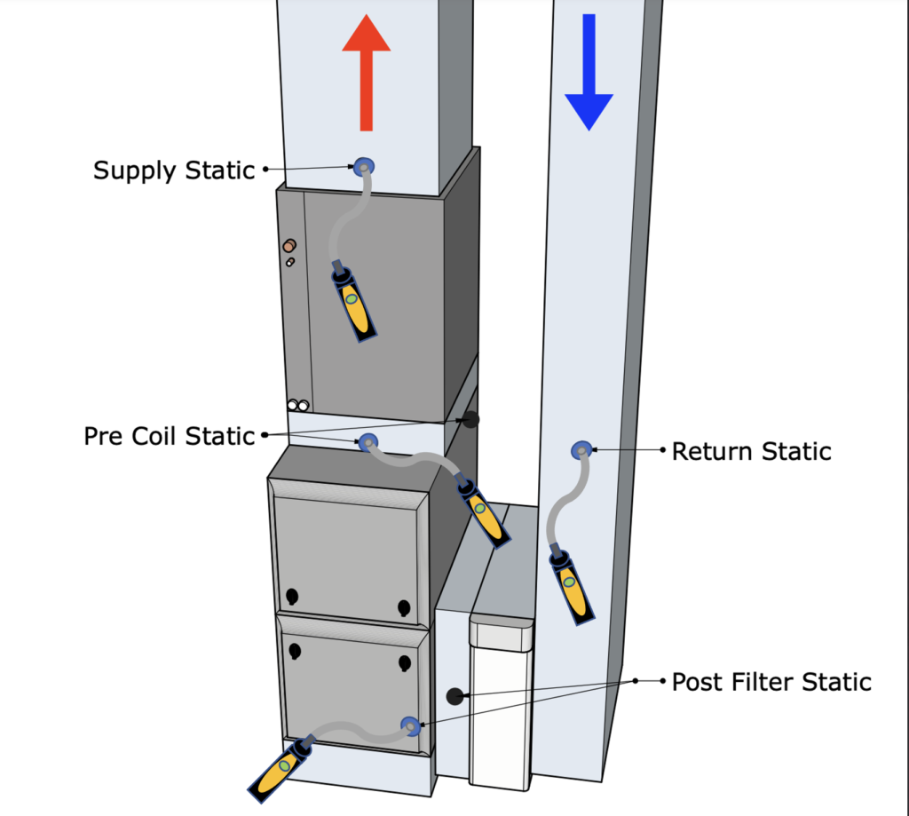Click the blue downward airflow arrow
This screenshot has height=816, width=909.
[589, 75]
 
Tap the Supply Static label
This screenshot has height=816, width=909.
[174, 170]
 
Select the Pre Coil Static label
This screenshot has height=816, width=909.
[170, 436]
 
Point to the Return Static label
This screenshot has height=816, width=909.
[751, 451]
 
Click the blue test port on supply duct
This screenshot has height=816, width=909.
[364, 165]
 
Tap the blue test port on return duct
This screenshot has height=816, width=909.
[581, 450]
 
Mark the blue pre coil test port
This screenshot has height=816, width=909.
[368, 441]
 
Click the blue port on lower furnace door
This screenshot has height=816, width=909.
[410, 725]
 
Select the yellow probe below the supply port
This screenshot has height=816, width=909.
[354, 303]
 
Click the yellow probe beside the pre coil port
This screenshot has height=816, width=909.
[484, 513]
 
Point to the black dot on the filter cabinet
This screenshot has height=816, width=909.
[454, 696]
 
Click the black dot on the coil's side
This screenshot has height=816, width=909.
[470, 419]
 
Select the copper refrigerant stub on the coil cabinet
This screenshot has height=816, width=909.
[289, 246]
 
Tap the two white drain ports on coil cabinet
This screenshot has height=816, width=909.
[297, 406]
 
